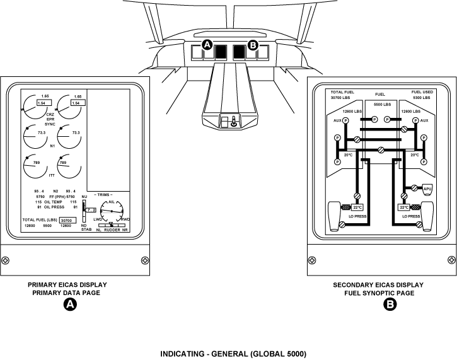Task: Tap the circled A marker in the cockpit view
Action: pos(206,45)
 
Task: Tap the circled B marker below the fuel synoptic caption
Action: pos(390,305)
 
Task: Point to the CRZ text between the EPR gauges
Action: pos(50,114)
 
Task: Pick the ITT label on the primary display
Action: pos(52,176)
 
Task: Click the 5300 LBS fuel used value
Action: pos(422,98)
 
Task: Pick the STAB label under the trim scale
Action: pos(86,230)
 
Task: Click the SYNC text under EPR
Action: pos(50,124)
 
